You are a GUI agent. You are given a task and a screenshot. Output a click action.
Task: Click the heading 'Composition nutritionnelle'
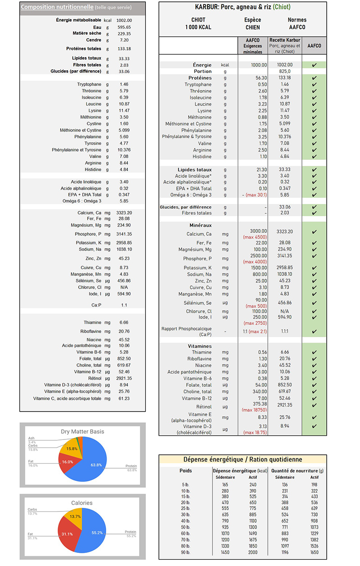(x=57, y=7)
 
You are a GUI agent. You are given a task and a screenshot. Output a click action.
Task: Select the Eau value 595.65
(x=124, y=27)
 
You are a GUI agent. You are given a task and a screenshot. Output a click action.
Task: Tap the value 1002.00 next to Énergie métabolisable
(x=124, y=20)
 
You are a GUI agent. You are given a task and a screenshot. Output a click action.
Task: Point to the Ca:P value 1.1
(x=124, y=305)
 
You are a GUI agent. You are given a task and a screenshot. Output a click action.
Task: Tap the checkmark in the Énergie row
(x=314, y=65)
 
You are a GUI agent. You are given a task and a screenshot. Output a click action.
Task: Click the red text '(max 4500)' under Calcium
(x=255, y=237)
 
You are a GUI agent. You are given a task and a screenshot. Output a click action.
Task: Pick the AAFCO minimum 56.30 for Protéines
(x=259, y=78)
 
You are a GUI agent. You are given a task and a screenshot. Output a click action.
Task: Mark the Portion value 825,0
(x=284, y=72)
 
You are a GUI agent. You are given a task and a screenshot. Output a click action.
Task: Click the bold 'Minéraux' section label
(x=200, y=225)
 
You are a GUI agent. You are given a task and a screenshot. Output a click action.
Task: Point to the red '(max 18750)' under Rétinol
(x=254, y=410)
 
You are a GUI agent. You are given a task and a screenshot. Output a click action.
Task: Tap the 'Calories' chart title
(x=82, y=503)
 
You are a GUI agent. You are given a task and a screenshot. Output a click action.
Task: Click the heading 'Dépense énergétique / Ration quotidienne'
(x=243, y=459)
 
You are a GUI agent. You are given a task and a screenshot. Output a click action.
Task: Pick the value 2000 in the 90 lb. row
(x=253, y=552)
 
